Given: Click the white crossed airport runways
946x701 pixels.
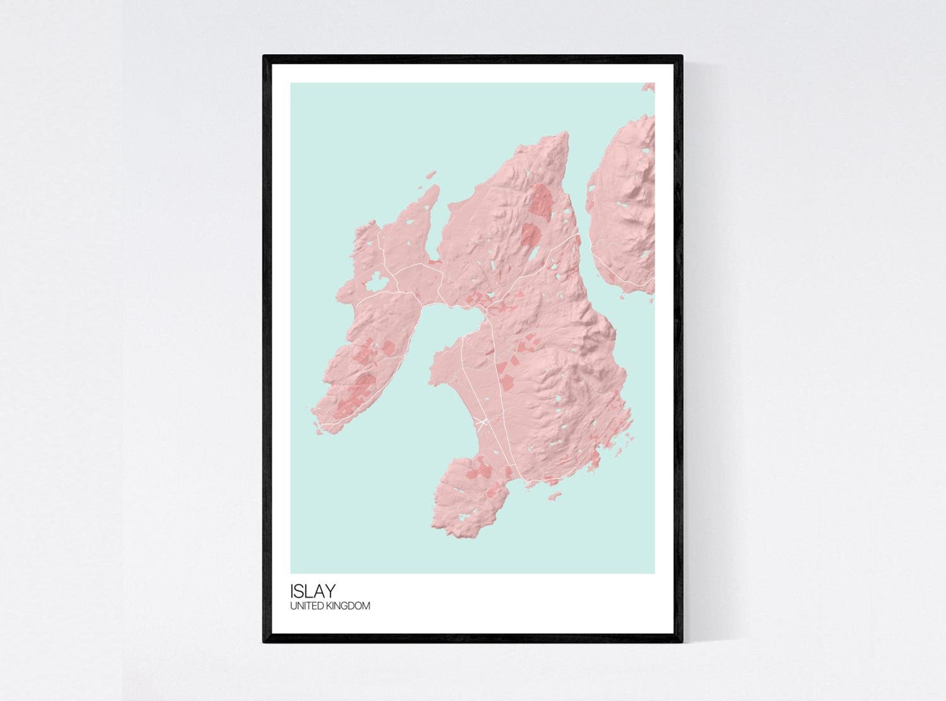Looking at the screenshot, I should point(482,423).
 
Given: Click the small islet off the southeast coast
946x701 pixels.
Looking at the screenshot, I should point(555,495).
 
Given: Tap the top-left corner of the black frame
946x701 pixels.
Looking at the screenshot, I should point(264,57).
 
